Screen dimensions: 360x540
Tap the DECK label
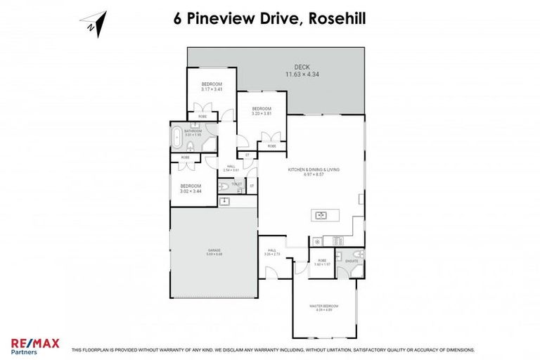[302, 67]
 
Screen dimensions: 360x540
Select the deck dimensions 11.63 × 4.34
[302, 74]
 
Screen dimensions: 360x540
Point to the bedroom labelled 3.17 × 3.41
[212, 86]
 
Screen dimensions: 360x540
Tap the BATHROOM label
[193, 130]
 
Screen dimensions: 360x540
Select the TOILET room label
[237, 184]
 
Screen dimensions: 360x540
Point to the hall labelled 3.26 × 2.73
[272, 253]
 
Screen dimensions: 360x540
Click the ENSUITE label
[351, 261]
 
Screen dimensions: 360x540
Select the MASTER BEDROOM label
[325, 307]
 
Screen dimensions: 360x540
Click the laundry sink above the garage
[224, 201]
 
